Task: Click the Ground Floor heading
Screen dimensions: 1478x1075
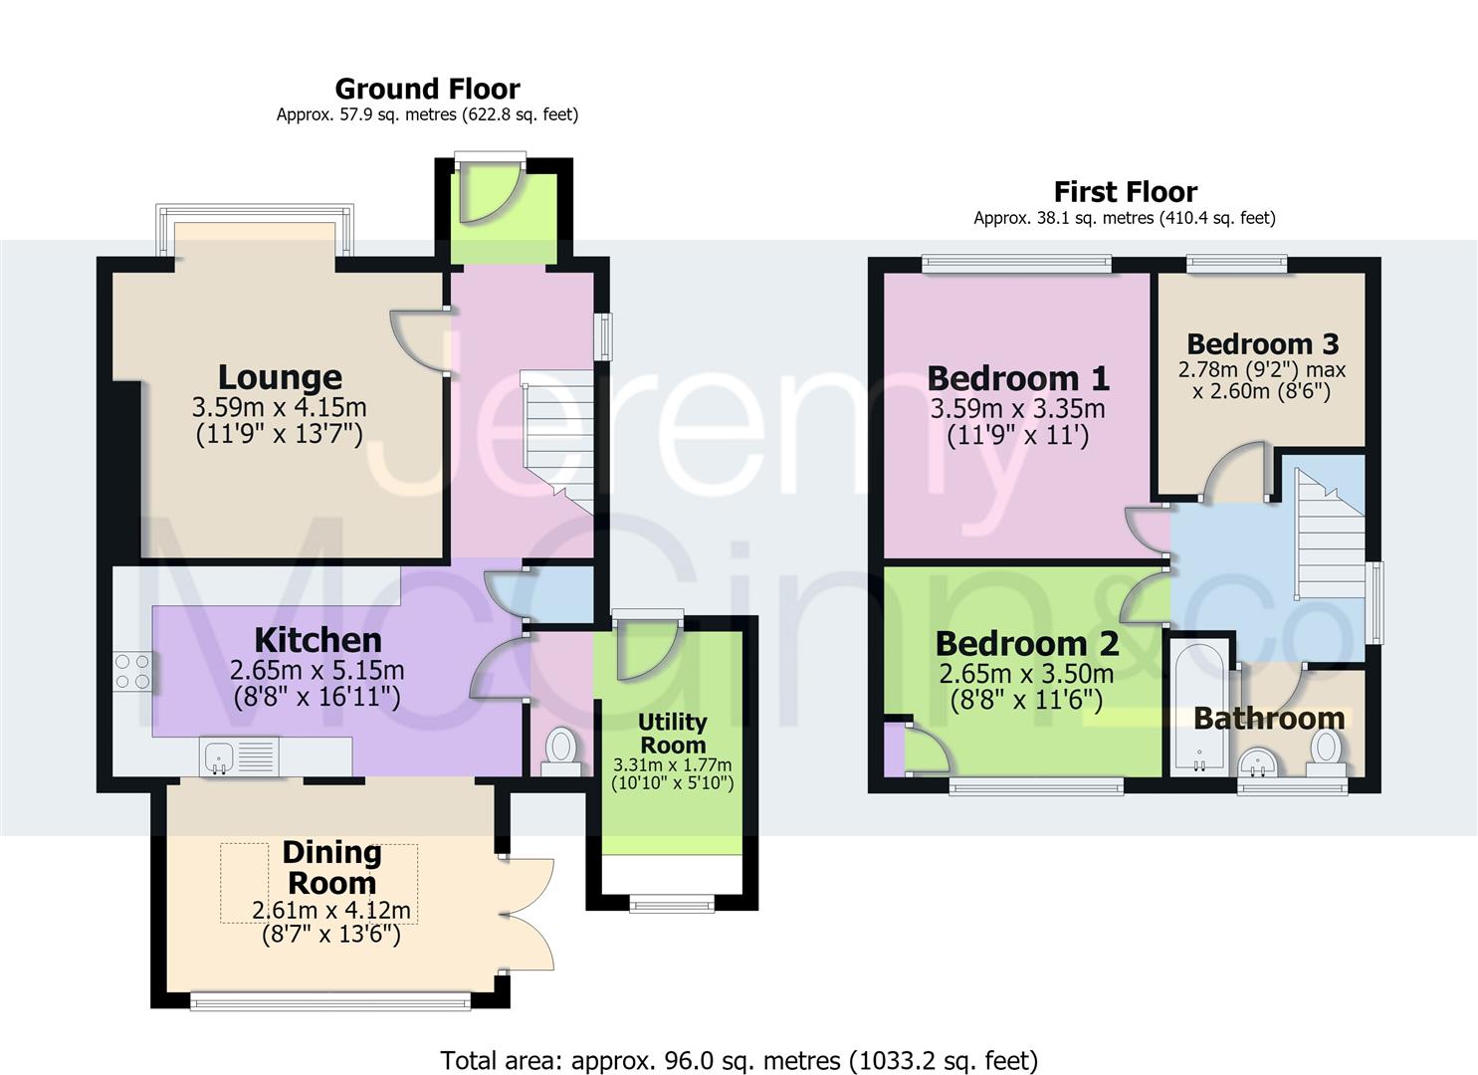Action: pos(428,90)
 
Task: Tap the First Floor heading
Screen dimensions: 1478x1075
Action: pos(1126,192)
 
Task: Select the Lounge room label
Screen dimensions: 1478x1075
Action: pos(280,377)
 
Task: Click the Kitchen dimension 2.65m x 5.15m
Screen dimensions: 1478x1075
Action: pos(317,671)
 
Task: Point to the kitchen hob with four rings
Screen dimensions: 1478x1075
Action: pos(132,671)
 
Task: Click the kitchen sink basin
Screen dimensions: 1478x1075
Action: pos(219,756)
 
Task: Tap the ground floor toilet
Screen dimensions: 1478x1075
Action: pos(561,752)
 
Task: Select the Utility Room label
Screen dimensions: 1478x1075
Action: pos(673,734)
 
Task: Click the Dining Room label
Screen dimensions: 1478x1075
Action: pos(331,868)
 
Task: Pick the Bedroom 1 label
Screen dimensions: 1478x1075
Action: pos(1018,379)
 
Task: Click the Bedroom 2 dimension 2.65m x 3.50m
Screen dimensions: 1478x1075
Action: pos(1027,674)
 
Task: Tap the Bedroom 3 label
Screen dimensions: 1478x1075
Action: pos(1263,343)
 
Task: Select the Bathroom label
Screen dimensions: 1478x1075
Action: pos(1270,719)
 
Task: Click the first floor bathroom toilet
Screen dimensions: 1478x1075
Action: pos(1325,752)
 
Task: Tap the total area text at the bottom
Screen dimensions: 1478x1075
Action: pos(739,1043)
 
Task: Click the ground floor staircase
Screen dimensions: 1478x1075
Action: pos(558,441)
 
